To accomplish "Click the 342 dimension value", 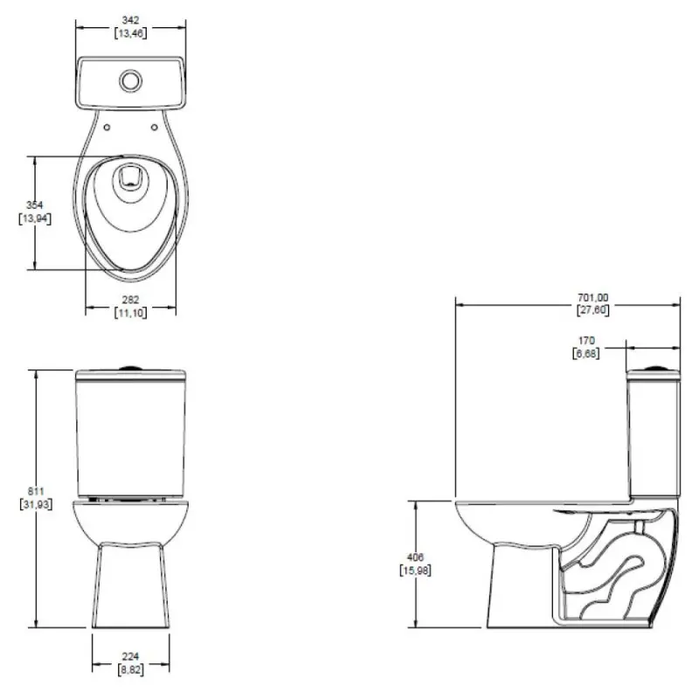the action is coord(130,20).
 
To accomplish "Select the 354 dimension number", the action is coord(34,205).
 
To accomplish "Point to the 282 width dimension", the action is coord(130,300).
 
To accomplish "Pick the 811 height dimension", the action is coord(36,491).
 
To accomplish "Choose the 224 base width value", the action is coord(130,656).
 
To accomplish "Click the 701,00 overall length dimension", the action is coord(592,297).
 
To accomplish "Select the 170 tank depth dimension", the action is coord(586,341).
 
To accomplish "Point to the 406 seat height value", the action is coord(415,557).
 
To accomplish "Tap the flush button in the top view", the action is coord(130,80).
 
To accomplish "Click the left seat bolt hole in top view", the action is coord(107,128).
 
